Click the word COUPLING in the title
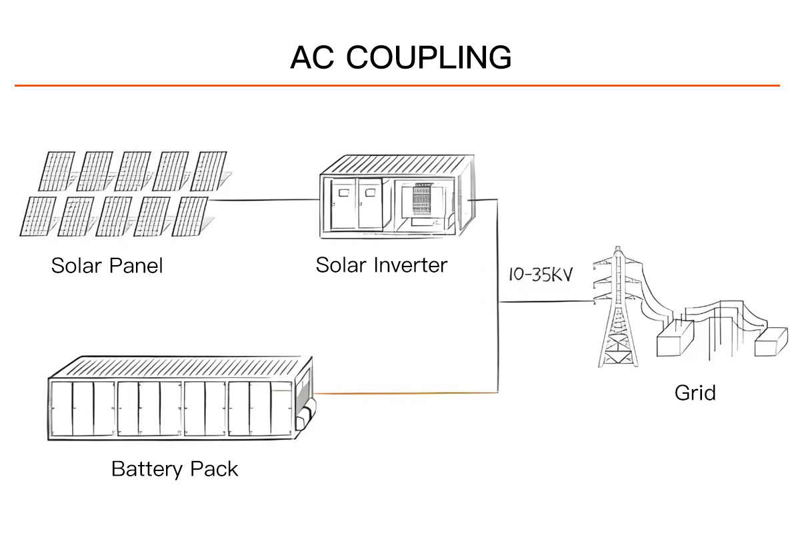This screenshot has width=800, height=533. click(429, 57)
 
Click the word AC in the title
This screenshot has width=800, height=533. click(311, 57)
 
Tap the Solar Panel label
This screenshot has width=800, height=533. click(107, 266)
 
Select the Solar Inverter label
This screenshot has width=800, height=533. click(381, 265)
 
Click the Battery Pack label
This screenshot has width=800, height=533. click(175, 468)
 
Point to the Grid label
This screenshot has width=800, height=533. click(695, 392)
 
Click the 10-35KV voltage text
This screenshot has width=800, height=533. click(541, 274)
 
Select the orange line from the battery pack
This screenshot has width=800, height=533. click(407, 394)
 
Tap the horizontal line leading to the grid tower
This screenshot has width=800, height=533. click(547, 302)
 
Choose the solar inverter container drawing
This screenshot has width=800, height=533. click(397, 197)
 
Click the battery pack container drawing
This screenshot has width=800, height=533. click(180, 400)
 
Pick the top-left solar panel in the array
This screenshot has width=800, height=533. click(56, 171)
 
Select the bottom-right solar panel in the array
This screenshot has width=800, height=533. click(193, 216)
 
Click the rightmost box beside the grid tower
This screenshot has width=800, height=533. click(771, 342)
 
